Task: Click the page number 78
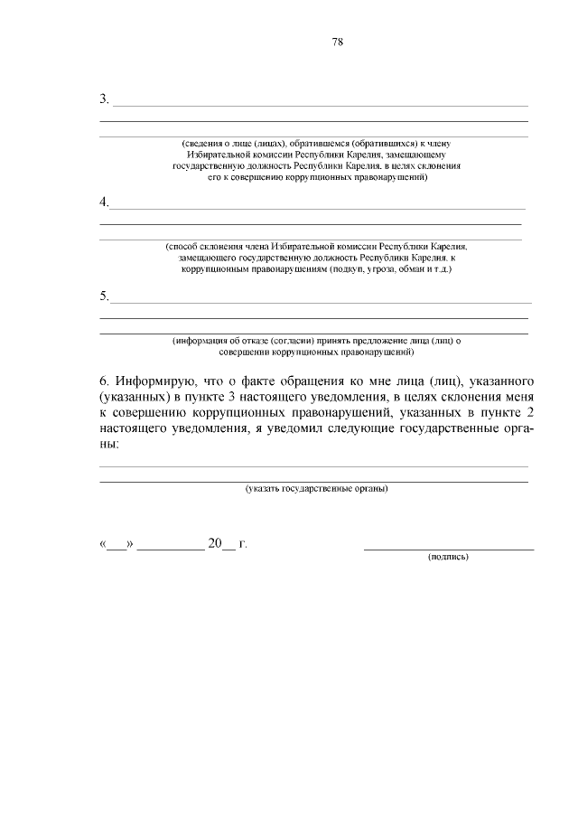point(338,42)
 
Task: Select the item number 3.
point(104,99)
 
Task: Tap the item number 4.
point(104,201)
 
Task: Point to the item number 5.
point(104,296)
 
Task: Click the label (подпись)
point(448,557)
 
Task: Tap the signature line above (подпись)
point(448,548)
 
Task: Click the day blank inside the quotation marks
point(116,544)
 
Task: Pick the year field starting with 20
point(221,543)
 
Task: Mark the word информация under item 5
point(199,341)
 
